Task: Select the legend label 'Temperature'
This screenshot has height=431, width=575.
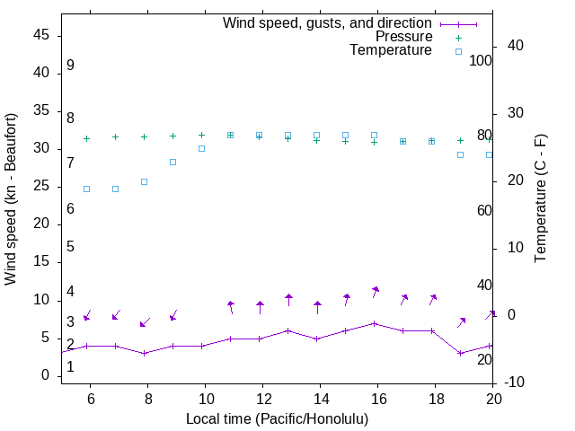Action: click(x=391, y=50)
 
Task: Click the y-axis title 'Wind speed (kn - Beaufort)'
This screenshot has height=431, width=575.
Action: click(x=11, y=199)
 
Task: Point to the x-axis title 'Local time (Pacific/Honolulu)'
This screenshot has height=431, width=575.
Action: click(x=277, y=418)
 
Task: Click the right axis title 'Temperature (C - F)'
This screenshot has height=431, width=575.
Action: click(x=540, y=199)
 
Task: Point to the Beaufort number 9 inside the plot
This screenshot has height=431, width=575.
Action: click(x=70, y=66)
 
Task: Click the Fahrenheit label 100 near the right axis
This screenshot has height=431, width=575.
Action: click(x=481, y=60)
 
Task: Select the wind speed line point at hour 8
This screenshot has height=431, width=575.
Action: click(x=144, y=353)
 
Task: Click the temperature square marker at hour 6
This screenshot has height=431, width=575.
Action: click(x=86, y=189)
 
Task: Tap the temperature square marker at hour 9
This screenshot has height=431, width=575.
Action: click(x=172, y=162)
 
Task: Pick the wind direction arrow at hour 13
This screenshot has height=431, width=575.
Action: click(x=288, y=300)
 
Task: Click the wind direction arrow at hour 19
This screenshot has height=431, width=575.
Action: click(x=461, y=321)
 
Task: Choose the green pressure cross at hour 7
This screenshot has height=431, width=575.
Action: click(x=115, y=136)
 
